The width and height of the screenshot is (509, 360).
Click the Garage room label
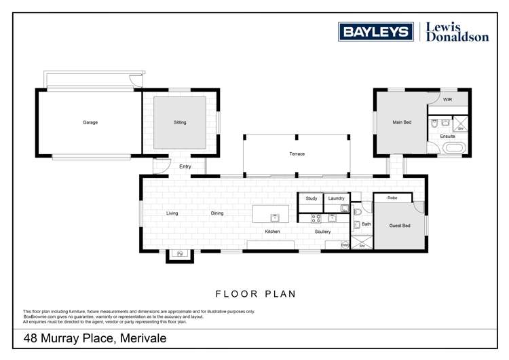[x=90, y=123]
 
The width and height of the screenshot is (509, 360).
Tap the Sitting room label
[x=180, y=123]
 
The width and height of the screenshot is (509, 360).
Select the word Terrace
[x=297, y=154]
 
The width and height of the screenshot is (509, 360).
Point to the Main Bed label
[x=402, y=123]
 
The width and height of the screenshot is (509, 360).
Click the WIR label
[x=447, y=100]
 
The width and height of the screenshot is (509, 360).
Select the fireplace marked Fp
[x=181, y=254]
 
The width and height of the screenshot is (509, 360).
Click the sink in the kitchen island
[x=275, y=217]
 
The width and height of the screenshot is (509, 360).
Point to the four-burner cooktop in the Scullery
[x=316, y=218]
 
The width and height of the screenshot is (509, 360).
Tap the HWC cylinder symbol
[x=345, y=245]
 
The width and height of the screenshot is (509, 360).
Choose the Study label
[x=312, y=198]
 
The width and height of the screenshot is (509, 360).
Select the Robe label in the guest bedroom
[x=392, y=198]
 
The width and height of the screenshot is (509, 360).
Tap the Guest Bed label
[x=400, y=226]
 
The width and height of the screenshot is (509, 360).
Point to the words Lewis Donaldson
[x=457, y=32]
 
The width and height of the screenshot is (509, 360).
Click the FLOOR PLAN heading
[x=256, y=294]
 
